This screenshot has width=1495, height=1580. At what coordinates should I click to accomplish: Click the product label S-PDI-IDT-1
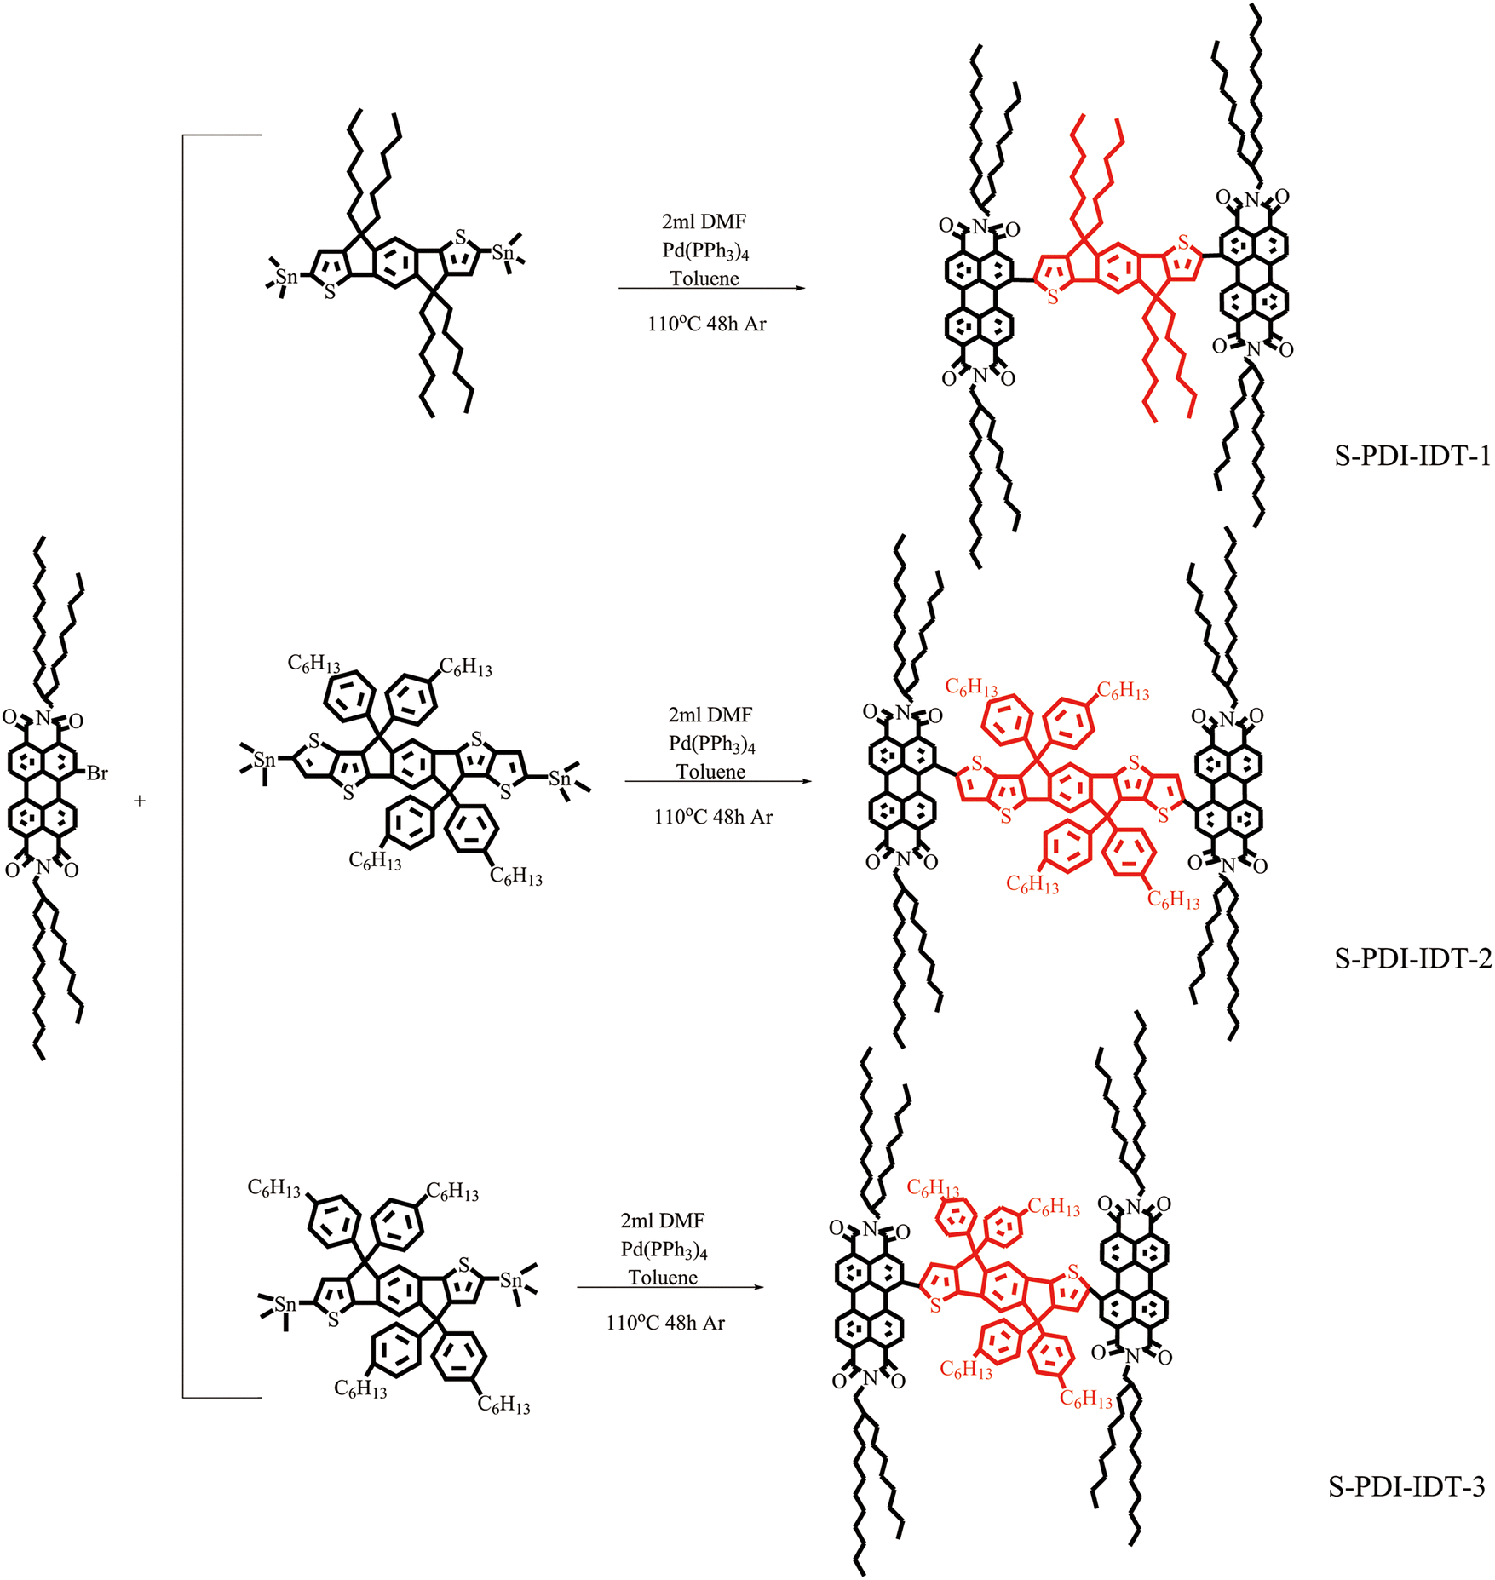pos(1412,457)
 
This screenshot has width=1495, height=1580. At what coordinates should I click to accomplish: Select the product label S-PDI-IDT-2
pos(1412,959)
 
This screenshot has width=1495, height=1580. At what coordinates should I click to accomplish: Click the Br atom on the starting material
pos(97,773)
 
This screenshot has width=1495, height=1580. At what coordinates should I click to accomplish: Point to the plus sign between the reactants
pos(140,801)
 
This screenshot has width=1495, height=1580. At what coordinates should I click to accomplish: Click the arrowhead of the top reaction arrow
pos(800,288)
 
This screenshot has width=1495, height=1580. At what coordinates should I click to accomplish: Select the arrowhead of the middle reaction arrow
pos(807,781)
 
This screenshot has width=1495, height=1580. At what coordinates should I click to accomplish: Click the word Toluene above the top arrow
pos(704,279)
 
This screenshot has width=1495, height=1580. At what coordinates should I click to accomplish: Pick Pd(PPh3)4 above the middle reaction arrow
pos(711,744)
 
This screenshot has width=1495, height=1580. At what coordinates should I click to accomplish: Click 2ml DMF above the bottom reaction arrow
pos(662,1221)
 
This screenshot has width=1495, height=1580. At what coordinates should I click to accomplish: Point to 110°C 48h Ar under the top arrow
pos(706,324)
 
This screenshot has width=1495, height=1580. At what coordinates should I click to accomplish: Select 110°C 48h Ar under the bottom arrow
pos(665,1323)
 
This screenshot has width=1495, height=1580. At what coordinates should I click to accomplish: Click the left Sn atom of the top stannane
pos(286,277)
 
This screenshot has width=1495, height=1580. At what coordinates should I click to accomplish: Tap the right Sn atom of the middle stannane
pos(559,778)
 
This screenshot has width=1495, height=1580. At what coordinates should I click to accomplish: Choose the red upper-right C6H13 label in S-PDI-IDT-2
pos(1122,691)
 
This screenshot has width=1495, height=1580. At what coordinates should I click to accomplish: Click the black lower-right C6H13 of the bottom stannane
pos(503,1405)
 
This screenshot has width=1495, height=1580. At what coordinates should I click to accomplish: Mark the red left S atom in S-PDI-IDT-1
pos(1053,297)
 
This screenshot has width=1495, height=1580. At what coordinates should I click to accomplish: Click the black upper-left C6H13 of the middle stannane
pos(313,664)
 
